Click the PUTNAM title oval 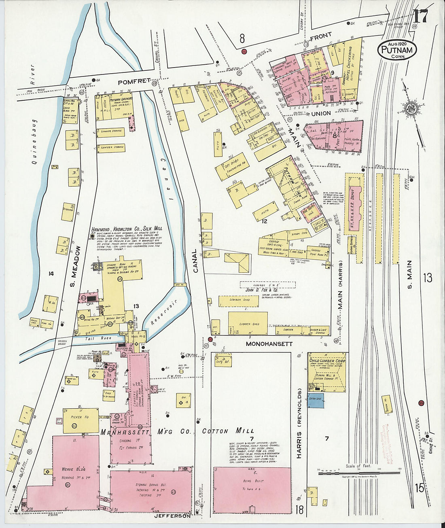397,49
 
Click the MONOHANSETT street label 269,344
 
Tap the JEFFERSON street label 172,516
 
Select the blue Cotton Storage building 316,400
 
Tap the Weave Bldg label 72,469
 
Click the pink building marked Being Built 252,490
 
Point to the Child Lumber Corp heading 327,360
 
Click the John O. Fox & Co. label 261,290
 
